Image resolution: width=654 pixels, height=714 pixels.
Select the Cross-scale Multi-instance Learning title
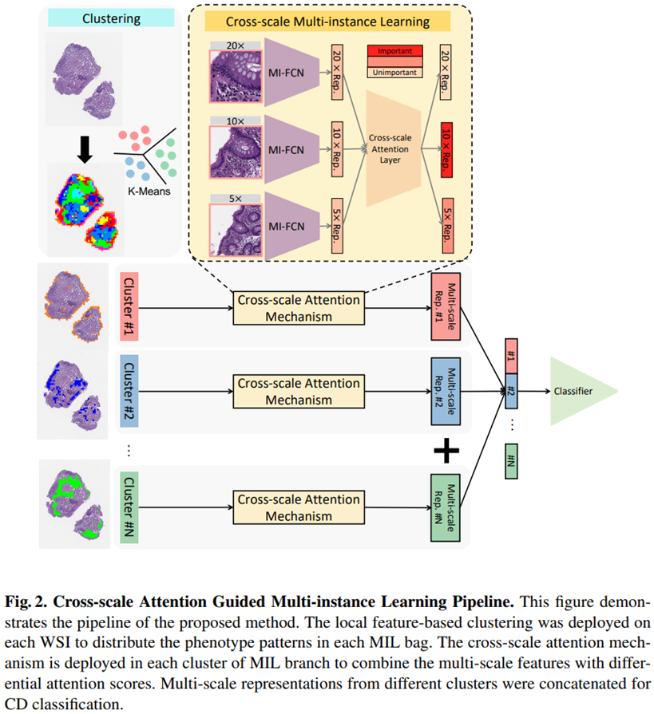pyautogui.click(x=327, y=22)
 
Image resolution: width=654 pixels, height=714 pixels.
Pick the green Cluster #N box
pyautogui.click(x=130, y=506)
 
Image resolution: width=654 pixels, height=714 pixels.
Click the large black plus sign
pyautogui.click(x=447, y=451)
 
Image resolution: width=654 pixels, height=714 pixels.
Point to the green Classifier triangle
pyautogui.click(x=581, y=391)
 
